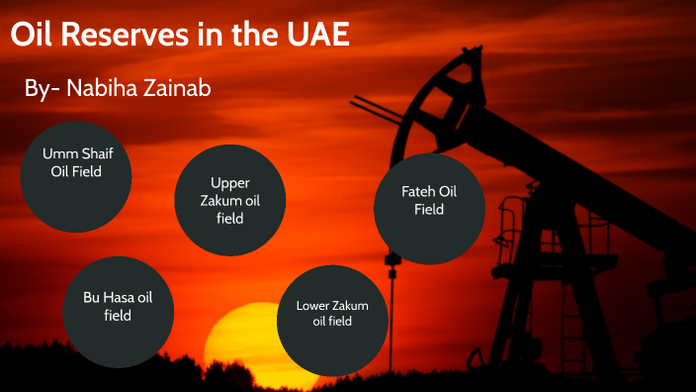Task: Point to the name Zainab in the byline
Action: pos(177,88)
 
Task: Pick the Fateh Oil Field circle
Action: pos(429,208)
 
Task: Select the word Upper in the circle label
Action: pos(230,183)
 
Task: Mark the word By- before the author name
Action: pos(42,88)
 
